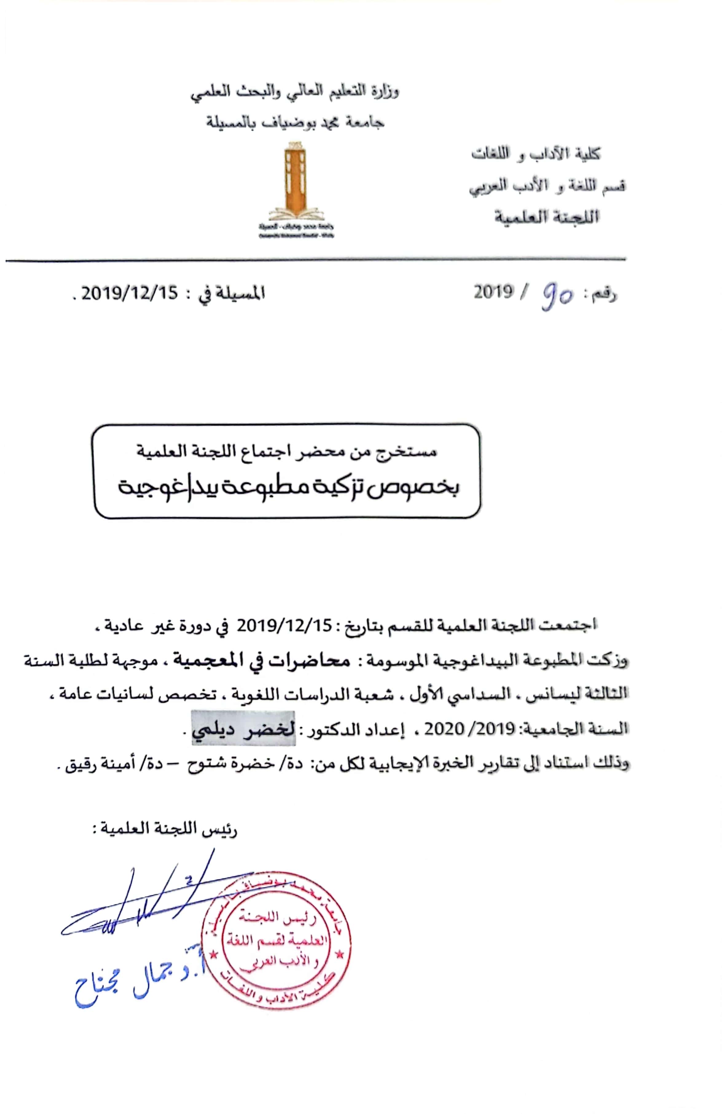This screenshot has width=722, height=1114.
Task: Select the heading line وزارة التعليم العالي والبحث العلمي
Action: pos(295,91)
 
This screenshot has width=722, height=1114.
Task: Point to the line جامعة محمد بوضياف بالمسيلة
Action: pos(296,123)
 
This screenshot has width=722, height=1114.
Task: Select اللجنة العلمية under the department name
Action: pos(547,217)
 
